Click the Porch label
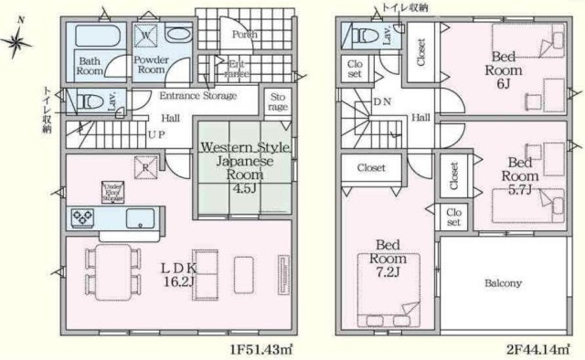click(x=244, y=35)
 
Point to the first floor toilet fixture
click(x=89, y=101)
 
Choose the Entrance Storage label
click(x=198, y=96)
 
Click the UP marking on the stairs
click(x=156, y=133)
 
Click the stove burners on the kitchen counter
click(x=82, y=217)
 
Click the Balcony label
click(x=502, y=283)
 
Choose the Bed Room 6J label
click(x=502, y=69)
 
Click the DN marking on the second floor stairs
click(x=381, y=103)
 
